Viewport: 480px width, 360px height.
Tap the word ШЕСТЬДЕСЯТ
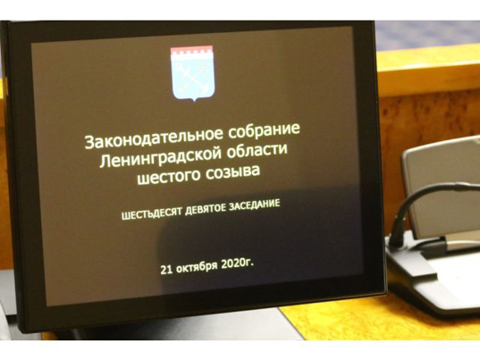(x=152, y=213)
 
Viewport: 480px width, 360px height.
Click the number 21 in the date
(x=165, y=269)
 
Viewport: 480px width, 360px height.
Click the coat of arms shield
(x=192, y=74)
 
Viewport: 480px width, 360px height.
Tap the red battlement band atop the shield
(x=191, y=51)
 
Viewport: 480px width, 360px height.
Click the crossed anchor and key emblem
(x=192, y=76)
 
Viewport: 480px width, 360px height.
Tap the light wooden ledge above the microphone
(x=428, y=71)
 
